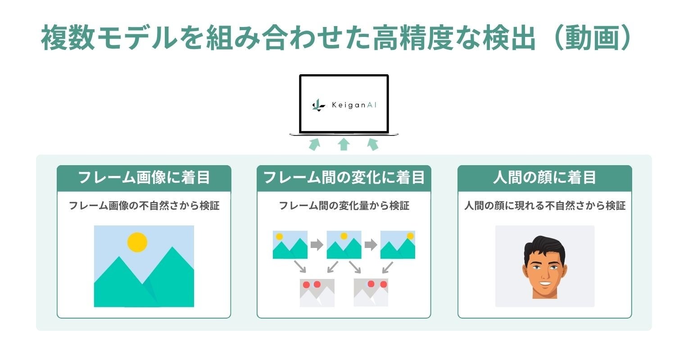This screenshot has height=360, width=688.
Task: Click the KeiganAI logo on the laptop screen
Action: (344, 105)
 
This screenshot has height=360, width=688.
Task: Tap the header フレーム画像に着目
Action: (144, 177)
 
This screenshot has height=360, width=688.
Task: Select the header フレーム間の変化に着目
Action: (344, 177)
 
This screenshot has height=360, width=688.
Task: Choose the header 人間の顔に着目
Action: (544, 177)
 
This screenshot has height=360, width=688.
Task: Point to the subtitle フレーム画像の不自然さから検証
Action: (144, 206)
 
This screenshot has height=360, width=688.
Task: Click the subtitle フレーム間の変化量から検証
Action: (344, 206)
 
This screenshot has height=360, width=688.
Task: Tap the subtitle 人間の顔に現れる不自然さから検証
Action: (545, 206)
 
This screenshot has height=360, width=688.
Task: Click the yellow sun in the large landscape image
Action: (137, 242)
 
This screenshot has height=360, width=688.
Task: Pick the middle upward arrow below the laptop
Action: (344, 144)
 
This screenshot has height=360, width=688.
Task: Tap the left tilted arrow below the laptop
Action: (314, 144)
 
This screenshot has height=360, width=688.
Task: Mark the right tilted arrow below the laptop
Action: (373, 144)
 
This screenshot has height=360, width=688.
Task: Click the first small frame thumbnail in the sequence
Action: (290, 245)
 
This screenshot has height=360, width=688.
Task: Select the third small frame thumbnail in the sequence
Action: (398, 245)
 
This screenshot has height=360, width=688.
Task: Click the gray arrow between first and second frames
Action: (317, 245)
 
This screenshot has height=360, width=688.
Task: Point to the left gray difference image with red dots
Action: (317, 292)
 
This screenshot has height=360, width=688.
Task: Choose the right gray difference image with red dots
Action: (371, 292)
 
